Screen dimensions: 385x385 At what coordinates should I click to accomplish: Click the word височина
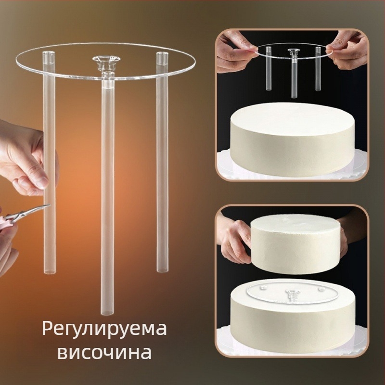[104, 352]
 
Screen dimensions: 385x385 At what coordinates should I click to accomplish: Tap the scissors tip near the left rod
[50, 205]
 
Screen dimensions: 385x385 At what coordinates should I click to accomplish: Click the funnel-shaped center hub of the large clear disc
[106, 62]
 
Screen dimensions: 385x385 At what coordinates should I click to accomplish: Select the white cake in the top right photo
[292, 139]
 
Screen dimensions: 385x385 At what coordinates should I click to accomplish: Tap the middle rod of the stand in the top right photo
[294, 78]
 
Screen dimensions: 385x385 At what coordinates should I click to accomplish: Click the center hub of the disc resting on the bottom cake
[292, 294]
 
